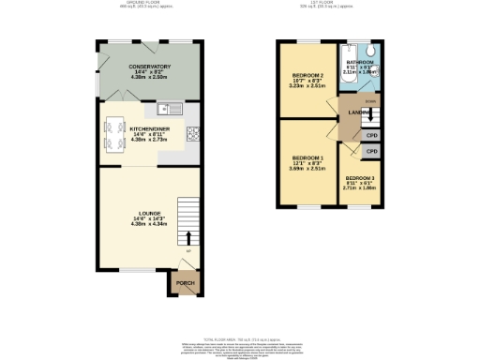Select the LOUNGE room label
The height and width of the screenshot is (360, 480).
click(x=148, y=215)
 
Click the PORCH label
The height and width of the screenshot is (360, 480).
click(x=185, y=281)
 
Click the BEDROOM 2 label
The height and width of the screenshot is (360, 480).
click(x=307, y=75)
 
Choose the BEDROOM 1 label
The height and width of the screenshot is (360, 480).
click(x=307, y=157)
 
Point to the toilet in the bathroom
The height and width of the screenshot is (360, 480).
click(x=372, y=52)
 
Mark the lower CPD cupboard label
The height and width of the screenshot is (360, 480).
click(x=370, y=150)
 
